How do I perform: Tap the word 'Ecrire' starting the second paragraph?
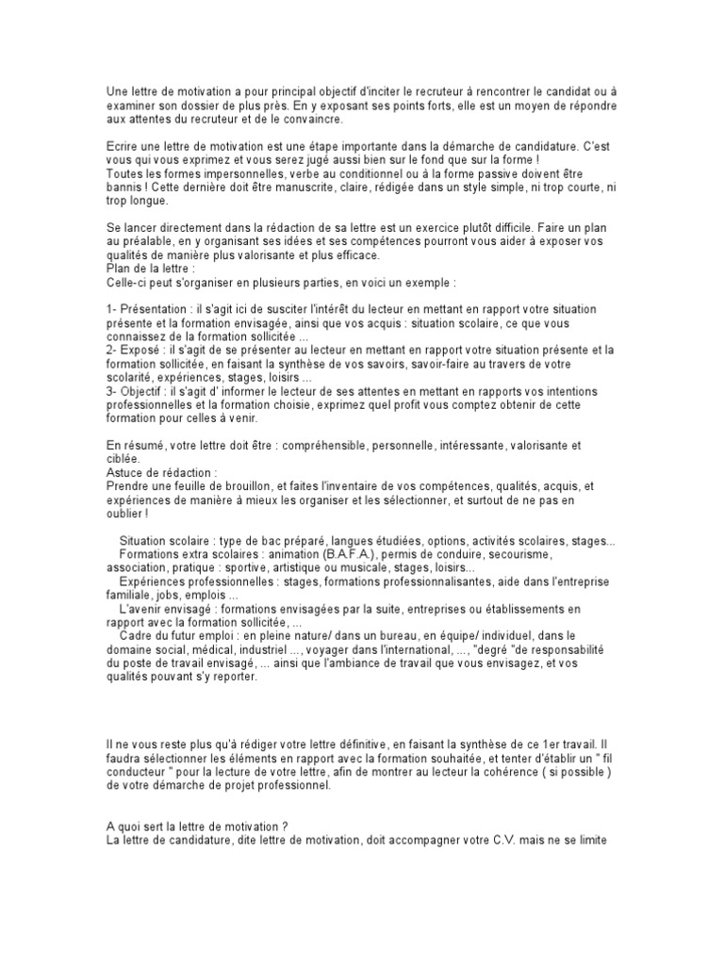(x=123, y=149)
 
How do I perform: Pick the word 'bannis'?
(x=124, y=188)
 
